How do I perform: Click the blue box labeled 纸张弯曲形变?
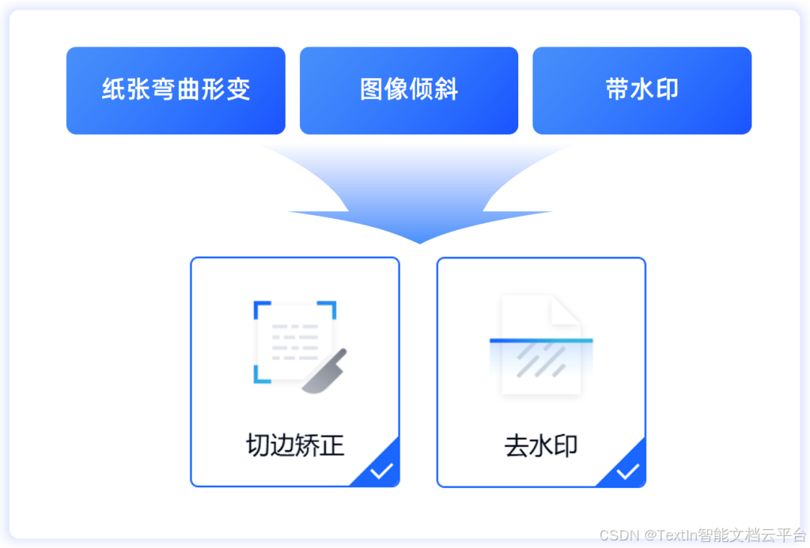[175, 91]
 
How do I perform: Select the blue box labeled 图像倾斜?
[409, 91]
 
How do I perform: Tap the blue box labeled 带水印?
[642, 91]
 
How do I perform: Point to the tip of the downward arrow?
[420, 242]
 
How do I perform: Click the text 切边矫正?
[295, 445]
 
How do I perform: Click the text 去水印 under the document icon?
[541, 446]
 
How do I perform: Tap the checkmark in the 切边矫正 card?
[382, 471]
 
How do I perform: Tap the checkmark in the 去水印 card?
[628, 472]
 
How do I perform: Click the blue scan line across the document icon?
[541, 340]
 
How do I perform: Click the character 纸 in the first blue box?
[112, 91]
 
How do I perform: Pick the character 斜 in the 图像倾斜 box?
[446, 91]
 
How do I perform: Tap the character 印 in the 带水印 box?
[667, 91]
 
